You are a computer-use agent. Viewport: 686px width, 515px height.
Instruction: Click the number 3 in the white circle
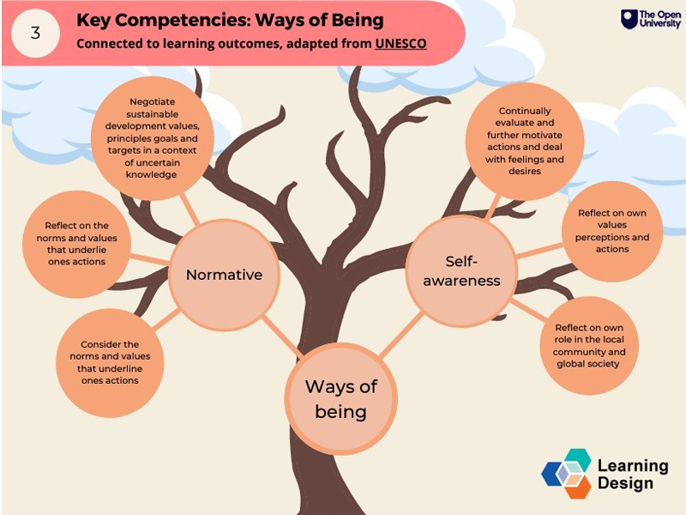click(x=35, y=33)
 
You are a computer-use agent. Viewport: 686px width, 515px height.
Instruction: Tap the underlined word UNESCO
click(x=400, y=44)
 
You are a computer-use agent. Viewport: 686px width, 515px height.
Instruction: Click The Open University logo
click(x=651, y=20)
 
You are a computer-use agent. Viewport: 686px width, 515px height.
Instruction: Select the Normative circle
click(x=224, y=275)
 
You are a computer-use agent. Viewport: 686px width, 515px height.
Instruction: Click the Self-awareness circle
click(x=461, y=271)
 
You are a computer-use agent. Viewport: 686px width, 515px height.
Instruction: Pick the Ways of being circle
click(x=340, y=399)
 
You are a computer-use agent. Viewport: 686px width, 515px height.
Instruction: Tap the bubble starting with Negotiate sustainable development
click(x=153, y=138)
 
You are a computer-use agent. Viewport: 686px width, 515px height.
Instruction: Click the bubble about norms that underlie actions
click(x=76, y=244)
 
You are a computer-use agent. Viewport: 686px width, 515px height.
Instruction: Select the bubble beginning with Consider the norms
click(x=110, y=362)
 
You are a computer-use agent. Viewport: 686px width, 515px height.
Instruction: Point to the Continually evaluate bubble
click(x=525, y=141)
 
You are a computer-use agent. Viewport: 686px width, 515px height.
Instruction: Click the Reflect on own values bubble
click(x=612, y=231)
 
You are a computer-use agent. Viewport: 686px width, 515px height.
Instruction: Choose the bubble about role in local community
click(x=589, y=346)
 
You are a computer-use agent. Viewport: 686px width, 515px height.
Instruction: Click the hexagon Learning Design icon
click(x=567, y=474)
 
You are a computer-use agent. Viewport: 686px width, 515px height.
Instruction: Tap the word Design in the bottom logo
click(x=625, y=483)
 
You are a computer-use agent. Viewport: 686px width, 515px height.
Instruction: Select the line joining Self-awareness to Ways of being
click(x=400, y=334)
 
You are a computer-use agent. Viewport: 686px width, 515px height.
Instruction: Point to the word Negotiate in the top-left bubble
click(x=153, y=101)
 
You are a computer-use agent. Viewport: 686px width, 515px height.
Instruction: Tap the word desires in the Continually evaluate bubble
click(x=525, y=171)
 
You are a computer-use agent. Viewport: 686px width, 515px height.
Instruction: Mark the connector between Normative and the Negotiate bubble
click(x=190, y=209)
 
